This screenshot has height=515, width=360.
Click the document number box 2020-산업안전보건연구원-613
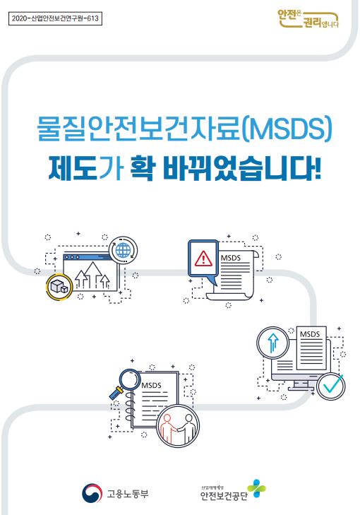coord(55,18)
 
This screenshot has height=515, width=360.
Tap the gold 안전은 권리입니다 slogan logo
coord(308,19)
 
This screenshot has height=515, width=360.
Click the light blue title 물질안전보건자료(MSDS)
coord(184,129)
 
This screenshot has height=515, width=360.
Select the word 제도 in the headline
coord(73,170)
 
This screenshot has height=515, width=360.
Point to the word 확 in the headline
coord(142,170)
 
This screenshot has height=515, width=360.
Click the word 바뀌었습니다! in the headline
coord(242,170)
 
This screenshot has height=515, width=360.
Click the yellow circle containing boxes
coord(59,287)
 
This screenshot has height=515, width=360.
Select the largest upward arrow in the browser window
coord(93,275)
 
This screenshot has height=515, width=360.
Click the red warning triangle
coord(203,259)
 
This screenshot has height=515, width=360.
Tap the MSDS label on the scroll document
coord(231,258)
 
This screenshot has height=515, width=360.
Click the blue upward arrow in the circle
coord(272,343)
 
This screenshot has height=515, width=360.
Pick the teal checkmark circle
coord(331,386)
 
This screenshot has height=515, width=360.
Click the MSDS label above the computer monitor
coord(310,334)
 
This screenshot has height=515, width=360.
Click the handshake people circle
coord(178,426)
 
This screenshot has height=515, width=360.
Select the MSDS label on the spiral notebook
coord(151,385)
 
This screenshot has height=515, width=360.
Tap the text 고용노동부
coord(127,493)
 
